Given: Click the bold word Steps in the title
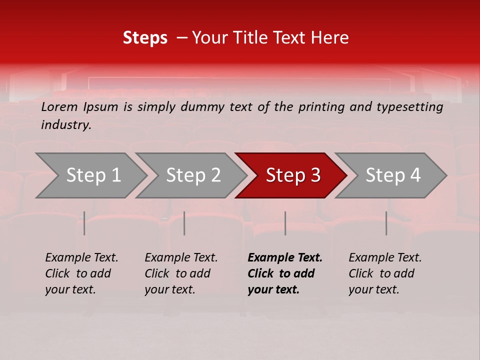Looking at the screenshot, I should [145, 38].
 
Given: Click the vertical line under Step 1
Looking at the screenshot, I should [84, 223].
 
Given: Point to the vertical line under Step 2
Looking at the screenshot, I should [184, 223].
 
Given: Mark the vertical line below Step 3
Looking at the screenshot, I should [285, 223].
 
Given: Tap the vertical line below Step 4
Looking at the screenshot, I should [386, 223].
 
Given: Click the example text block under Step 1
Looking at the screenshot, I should [81, 273].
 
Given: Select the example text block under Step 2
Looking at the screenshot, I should [181, 273].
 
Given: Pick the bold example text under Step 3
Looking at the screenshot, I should [285, 273].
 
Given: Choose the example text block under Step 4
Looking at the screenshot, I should [385, 273].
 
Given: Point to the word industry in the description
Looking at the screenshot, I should [66, 125].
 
